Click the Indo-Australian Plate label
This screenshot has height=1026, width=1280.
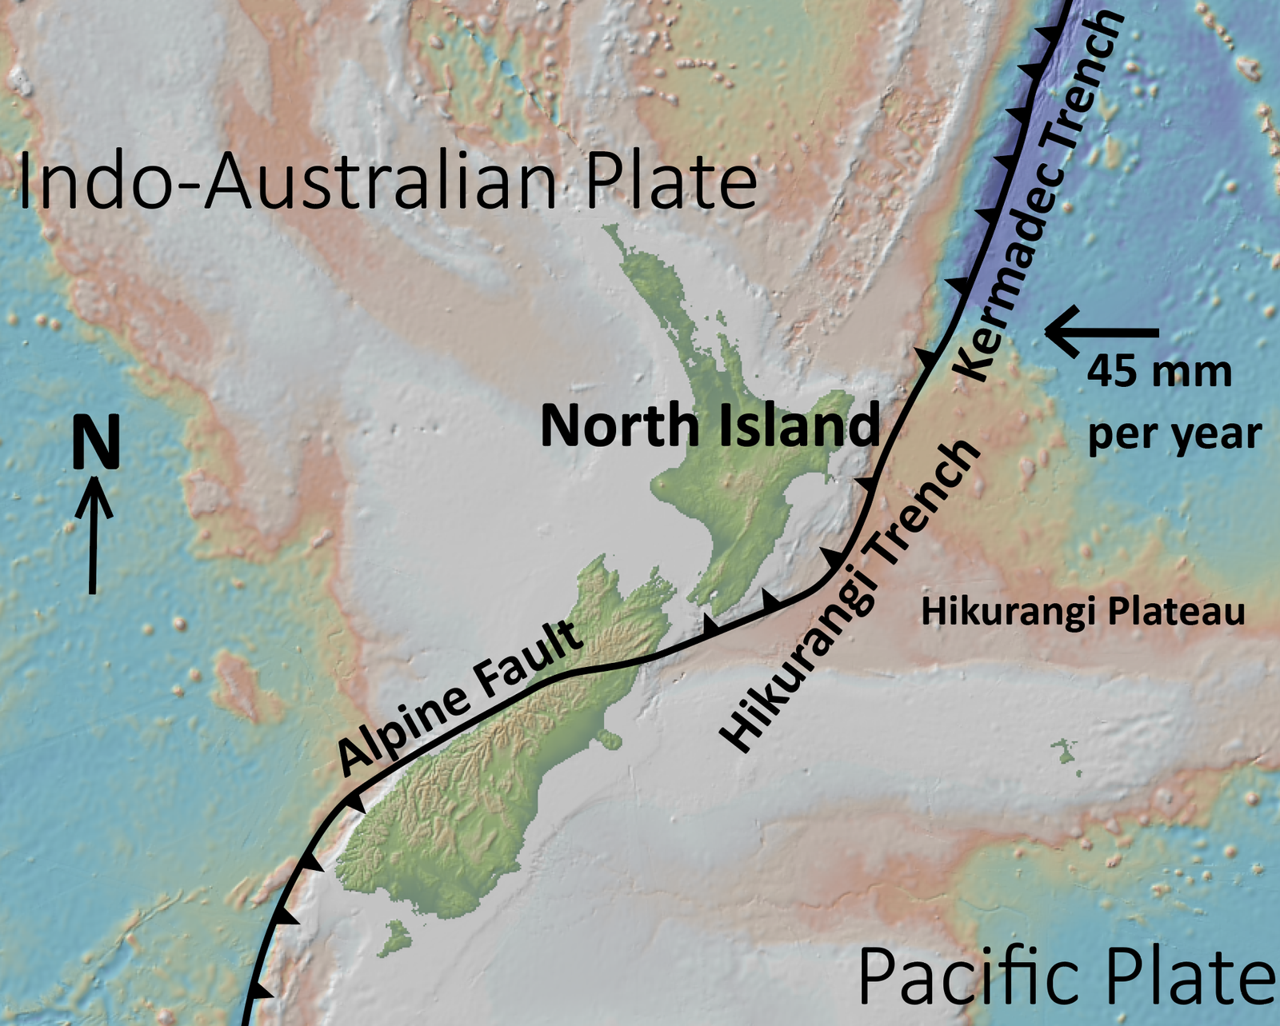tap(386, 182)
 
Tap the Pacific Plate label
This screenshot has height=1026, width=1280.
tap(1066, 976)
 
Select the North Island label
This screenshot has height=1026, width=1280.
tap(710, 425)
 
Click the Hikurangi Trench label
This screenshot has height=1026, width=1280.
tap(851, 596)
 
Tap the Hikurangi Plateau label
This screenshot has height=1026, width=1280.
tap(1083, 612)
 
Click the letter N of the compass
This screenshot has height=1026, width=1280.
tap(96, 443)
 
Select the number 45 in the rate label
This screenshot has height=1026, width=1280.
tap(1112, 372)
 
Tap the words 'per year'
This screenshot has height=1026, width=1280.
tap(1174, 434)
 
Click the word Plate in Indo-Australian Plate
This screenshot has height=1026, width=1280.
tap(670, 182)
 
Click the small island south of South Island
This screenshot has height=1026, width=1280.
tap(394, 938)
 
